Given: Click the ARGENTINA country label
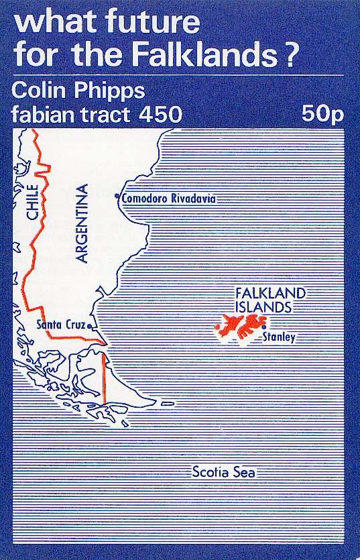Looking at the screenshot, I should pos(82,222).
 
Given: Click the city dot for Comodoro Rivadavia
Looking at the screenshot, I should pos(117,197).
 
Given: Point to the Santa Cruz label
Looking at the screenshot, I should pos(60,325).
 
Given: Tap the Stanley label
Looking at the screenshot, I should pos(279,337).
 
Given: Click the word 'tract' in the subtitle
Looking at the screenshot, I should pos(104,114).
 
